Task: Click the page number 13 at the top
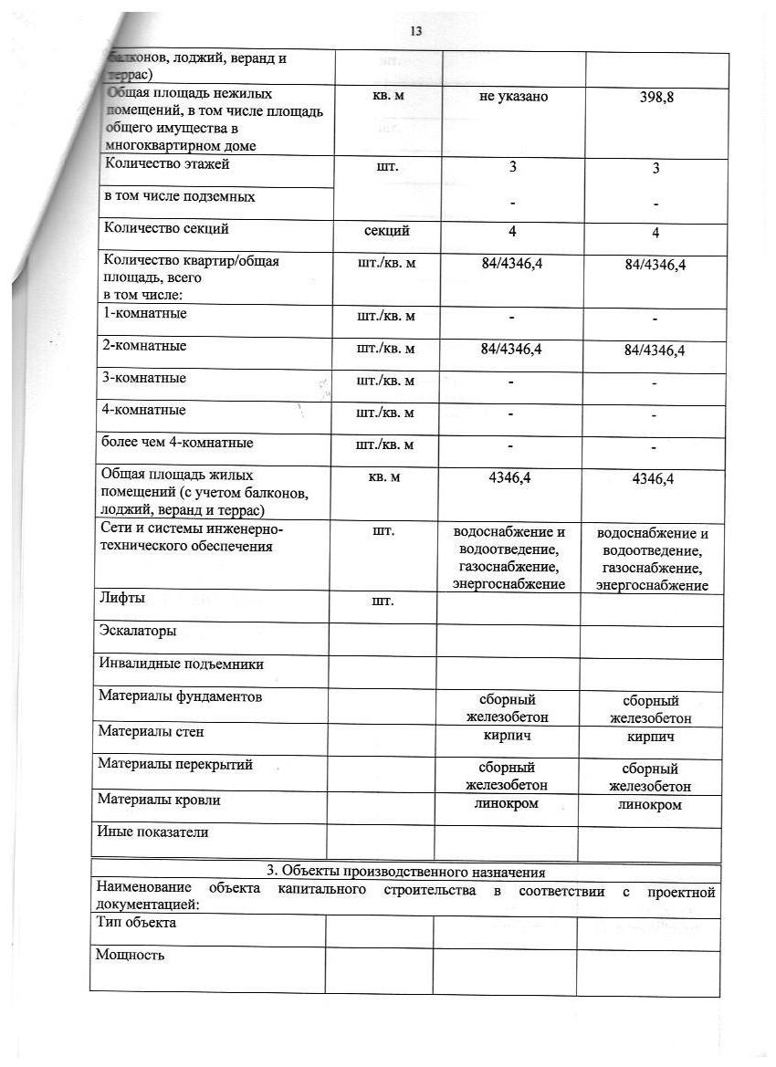[415, 31]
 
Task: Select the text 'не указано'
[513, 96]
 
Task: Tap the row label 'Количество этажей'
[168, 165]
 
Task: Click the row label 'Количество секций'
[167, 229]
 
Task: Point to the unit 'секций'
[385, 231]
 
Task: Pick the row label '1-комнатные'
[147, 313]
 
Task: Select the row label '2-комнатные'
[147, 346]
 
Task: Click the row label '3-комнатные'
[146, 378]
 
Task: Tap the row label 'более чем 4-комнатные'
[178, 443]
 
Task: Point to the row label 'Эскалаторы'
[137, 631]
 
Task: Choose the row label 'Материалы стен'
[152, 731]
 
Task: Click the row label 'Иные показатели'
[152, 832]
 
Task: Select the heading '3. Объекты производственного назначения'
[405, 873]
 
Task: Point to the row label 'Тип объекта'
[136, 923]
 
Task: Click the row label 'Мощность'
[130, 955]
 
